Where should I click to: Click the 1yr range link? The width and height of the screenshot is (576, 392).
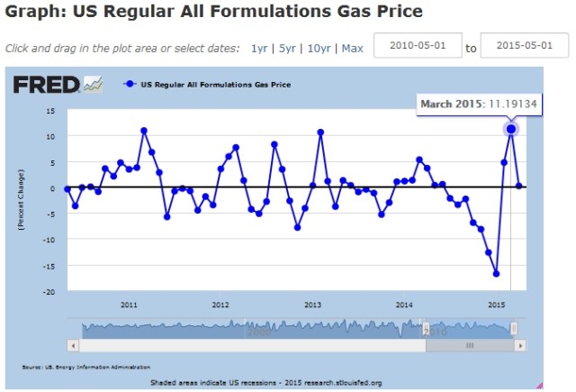click(x=259, y=49)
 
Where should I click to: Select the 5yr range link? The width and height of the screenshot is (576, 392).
click(x=287, y=49)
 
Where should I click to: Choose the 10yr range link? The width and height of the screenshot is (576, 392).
click(x=318, y=49)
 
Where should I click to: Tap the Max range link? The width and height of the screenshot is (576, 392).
click(x=352, y=49)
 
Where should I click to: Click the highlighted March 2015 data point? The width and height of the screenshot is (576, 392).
click(x=511, y=130)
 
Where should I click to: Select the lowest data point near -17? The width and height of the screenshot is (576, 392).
click(x=496, y=274)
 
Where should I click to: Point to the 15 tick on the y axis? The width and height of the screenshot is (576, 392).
click(x=50, y=111)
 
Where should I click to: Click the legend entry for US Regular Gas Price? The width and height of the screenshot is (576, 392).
click(x=215, y=85)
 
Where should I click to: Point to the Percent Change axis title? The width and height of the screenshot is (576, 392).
click(x=20, y=202)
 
